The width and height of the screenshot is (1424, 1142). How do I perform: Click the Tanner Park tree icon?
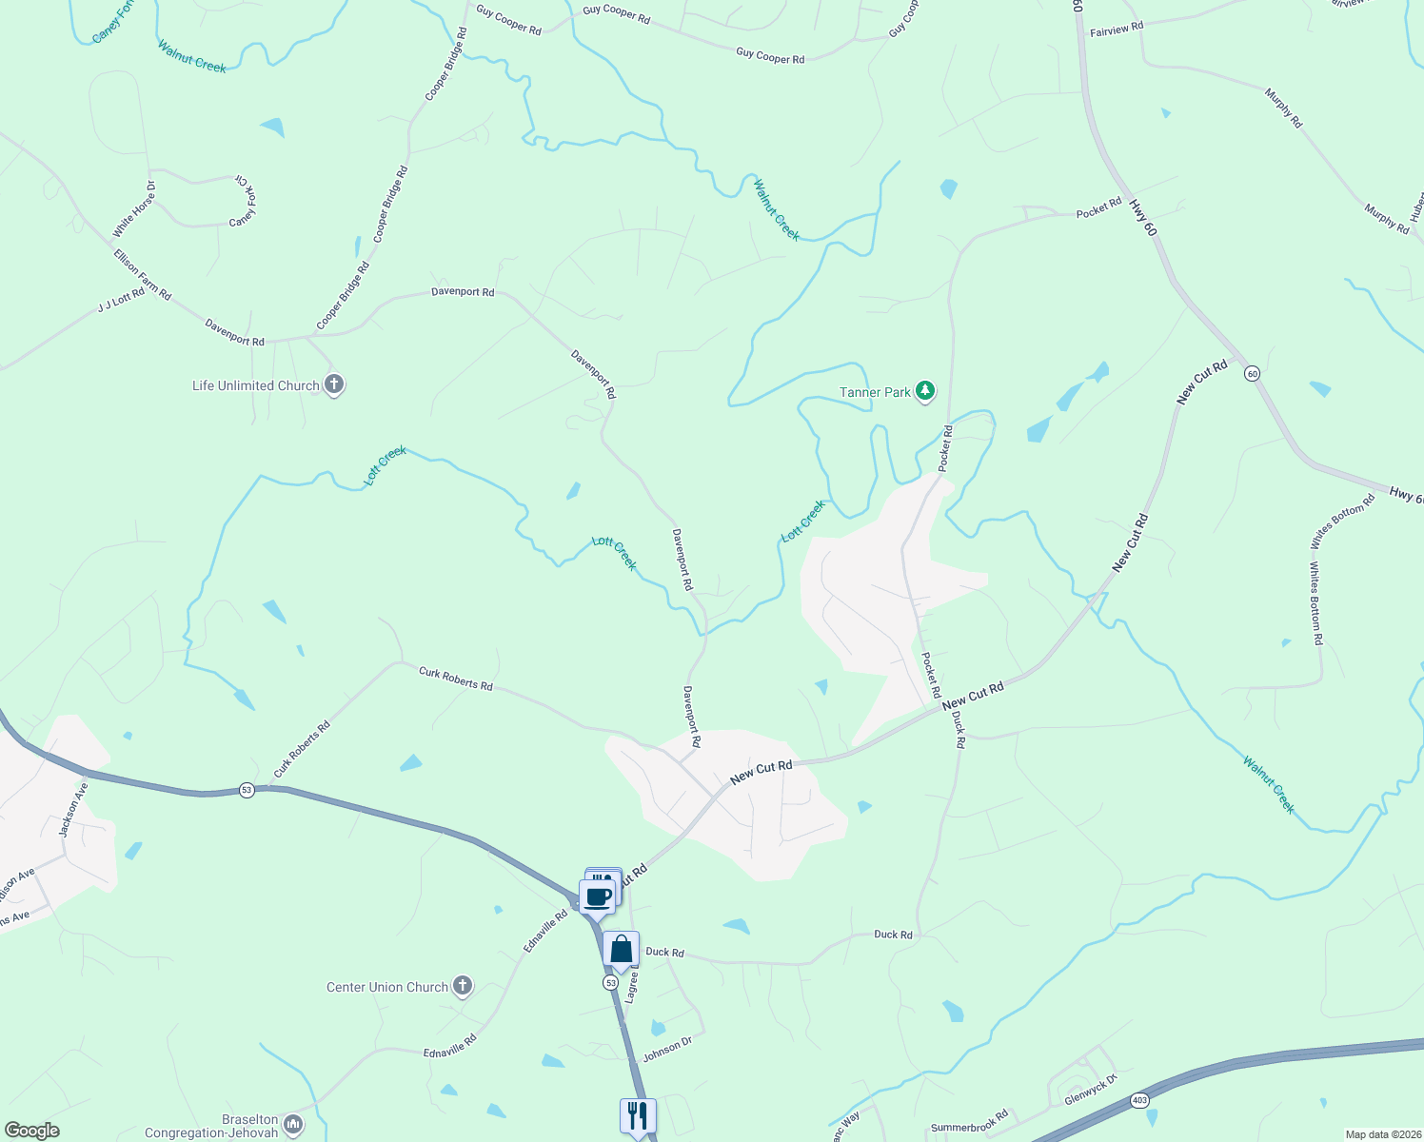[924, 391]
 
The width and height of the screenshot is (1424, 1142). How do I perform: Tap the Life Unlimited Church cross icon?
[333, 385]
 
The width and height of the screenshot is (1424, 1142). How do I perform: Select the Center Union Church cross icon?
[463, 986]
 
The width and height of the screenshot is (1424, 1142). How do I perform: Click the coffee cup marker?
[597, 896]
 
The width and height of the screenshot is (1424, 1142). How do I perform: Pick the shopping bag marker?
[621, 949]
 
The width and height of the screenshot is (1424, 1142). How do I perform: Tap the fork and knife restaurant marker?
[637, 1115]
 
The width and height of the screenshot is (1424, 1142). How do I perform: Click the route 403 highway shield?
[1140, 1101]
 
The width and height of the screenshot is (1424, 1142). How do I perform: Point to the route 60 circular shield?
[1252, 374]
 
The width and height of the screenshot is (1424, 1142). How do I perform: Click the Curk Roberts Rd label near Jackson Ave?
[302, 750]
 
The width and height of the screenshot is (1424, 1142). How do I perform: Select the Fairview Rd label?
[1116, 30]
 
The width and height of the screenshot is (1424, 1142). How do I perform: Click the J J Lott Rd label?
[121, 301]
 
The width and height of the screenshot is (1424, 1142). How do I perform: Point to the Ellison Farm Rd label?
[142, 275]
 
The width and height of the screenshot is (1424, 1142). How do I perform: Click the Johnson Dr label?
[667, 1050]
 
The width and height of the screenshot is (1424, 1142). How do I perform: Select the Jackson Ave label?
[73, 809]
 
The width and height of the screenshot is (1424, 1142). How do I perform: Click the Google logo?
[31, 1131]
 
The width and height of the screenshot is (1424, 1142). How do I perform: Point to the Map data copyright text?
[1382, 1134]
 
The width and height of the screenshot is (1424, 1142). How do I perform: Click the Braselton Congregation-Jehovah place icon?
[293, 1126]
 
